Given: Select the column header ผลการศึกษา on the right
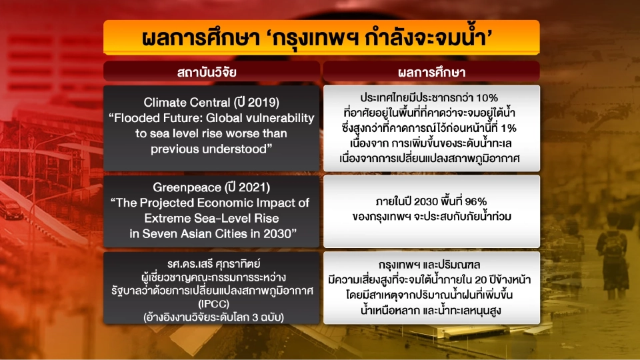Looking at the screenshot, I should (431, 71).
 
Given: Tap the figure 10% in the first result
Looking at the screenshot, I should (489, 97).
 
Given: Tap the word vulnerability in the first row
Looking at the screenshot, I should (280, 117).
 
